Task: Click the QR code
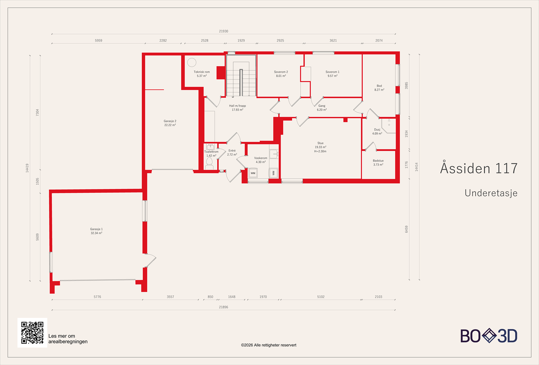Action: (32, 333)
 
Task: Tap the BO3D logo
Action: (489, 336)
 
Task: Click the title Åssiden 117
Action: (479, 169)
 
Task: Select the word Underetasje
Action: (491, 193)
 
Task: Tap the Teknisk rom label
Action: (201, 72)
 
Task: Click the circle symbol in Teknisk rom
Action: (192, 62)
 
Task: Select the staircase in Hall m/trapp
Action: (241, 77)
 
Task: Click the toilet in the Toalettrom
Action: (209, 163)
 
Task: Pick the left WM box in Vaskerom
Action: (253, 173)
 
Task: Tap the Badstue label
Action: (378, 161)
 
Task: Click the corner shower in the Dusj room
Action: (389, 125)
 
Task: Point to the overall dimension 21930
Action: (223, 31)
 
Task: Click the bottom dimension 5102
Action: (321, 297)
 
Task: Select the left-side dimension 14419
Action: (27, 168)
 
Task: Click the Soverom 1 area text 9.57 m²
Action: (332, 76)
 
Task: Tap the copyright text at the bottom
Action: (268, 345)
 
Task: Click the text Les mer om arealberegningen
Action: (68, 339)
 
